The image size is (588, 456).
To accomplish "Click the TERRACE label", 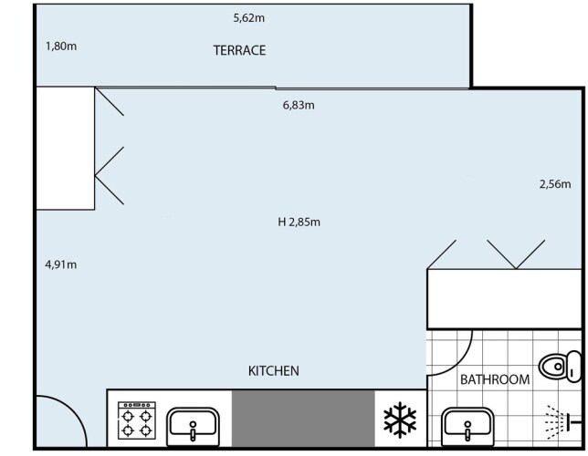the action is click(239, 50).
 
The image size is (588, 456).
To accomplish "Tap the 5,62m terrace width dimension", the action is click(249, 17).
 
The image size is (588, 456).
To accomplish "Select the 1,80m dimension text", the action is click(61, 47).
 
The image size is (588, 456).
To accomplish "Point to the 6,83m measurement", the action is click(299, 105).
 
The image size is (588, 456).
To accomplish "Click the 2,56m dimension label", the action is click(555, 183).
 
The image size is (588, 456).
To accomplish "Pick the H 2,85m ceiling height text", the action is click(299, 222).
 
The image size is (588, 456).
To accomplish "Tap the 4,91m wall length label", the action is click(61, 264).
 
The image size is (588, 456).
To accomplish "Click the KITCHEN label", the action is click(274, 371).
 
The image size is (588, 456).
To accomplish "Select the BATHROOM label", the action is click(495, 379).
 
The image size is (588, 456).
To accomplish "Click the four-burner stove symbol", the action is click(137, 420).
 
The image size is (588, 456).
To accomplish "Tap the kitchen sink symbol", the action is click(193, 426).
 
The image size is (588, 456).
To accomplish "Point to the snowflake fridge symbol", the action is click(400, 420).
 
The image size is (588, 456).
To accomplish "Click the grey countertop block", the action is click(303, 419).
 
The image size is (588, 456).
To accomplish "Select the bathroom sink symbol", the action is click(467, 427).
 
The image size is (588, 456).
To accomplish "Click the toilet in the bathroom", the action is click(561, 366).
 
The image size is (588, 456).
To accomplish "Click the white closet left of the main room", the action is click(65, 148).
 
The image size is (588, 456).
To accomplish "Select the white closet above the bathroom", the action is click(504, 299).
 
